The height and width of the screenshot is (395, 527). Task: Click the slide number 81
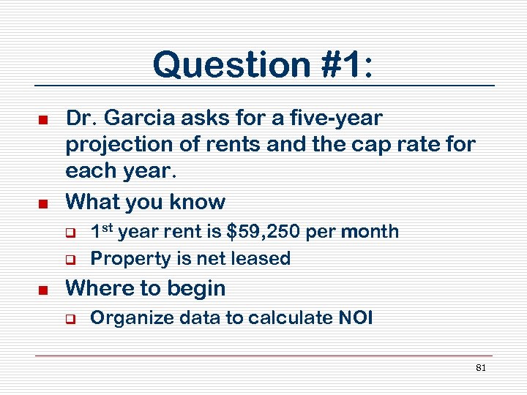click(481, 368)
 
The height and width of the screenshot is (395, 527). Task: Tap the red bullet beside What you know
click(43, 203)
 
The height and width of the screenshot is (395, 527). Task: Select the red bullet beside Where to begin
click(43, 290)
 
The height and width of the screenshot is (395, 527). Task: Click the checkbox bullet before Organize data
click(72, 319)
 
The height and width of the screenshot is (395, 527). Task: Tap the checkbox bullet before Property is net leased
click(72, 259)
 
